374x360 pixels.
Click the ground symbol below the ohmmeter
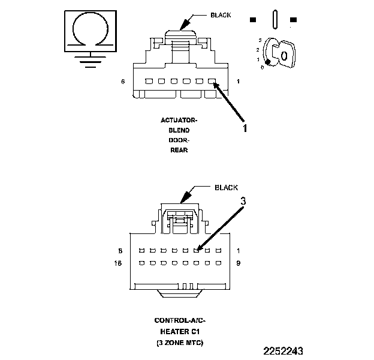(90, 59)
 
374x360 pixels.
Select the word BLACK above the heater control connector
(226, 187)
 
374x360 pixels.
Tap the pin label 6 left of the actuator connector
(123, 82)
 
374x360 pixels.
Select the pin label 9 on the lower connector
(239, 263)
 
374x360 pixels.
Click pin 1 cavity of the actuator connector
(211, 82)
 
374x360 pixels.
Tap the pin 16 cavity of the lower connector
(141, 263)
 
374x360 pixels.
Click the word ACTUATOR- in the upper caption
(179, 120)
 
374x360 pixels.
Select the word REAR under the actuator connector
(179, 151)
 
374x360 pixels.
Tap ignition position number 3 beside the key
(259, 40)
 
